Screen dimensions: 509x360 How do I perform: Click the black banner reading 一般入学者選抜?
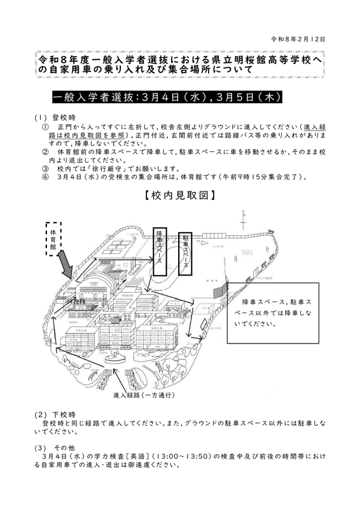164,99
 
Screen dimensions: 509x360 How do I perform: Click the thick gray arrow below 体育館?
66,263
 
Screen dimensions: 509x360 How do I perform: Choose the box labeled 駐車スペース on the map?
186,253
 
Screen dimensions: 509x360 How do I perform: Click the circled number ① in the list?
44,127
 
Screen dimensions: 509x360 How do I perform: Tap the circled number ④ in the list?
44,177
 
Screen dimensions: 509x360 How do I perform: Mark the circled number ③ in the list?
44,169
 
